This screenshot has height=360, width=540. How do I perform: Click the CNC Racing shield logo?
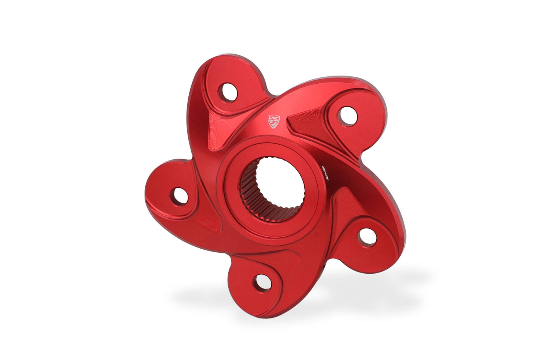click(x=274, y=121)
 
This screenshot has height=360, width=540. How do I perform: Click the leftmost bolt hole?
click(x=179, y=196)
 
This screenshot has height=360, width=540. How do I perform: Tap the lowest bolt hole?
click(x=262, y=283)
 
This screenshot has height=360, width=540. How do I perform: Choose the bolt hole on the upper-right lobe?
click(x=347, y=116)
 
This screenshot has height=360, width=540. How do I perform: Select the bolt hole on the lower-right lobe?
click(x=367, y=236)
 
